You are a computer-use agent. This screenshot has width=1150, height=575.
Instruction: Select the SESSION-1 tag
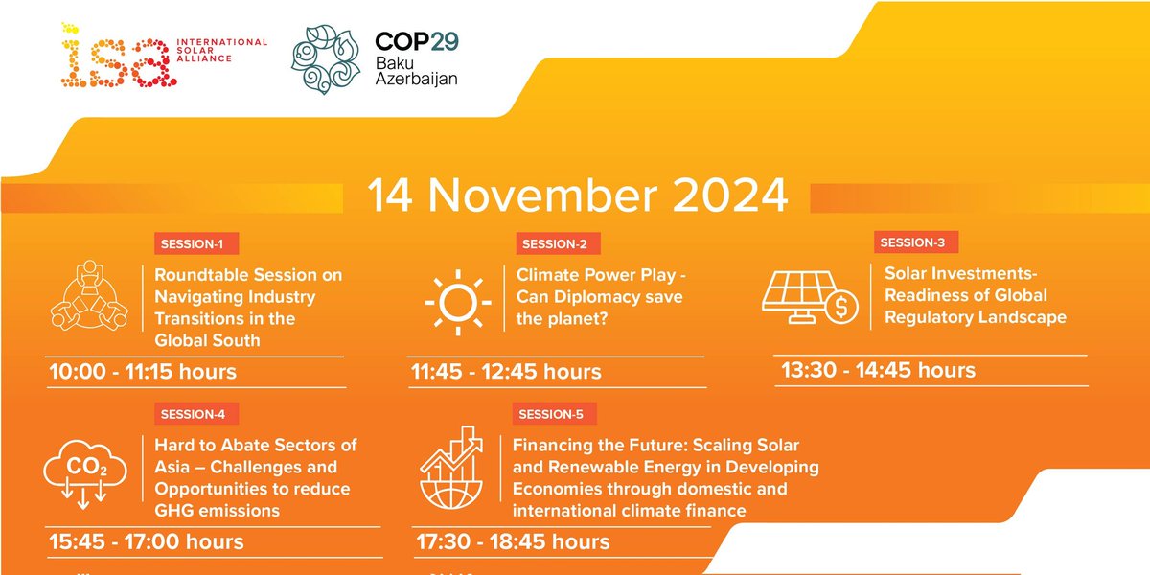[x=195, y=243]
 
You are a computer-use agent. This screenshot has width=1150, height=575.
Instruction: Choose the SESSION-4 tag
[x=195, y=415]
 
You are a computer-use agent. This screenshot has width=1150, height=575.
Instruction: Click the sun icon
[x=458, y=297]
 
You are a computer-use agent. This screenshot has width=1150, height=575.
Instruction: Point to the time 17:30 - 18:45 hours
[x=513, y=541]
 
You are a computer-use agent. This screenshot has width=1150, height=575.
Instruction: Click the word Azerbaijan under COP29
[x=416, y=80]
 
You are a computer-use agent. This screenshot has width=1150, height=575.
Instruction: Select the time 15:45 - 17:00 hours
[x=146, y=541]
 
